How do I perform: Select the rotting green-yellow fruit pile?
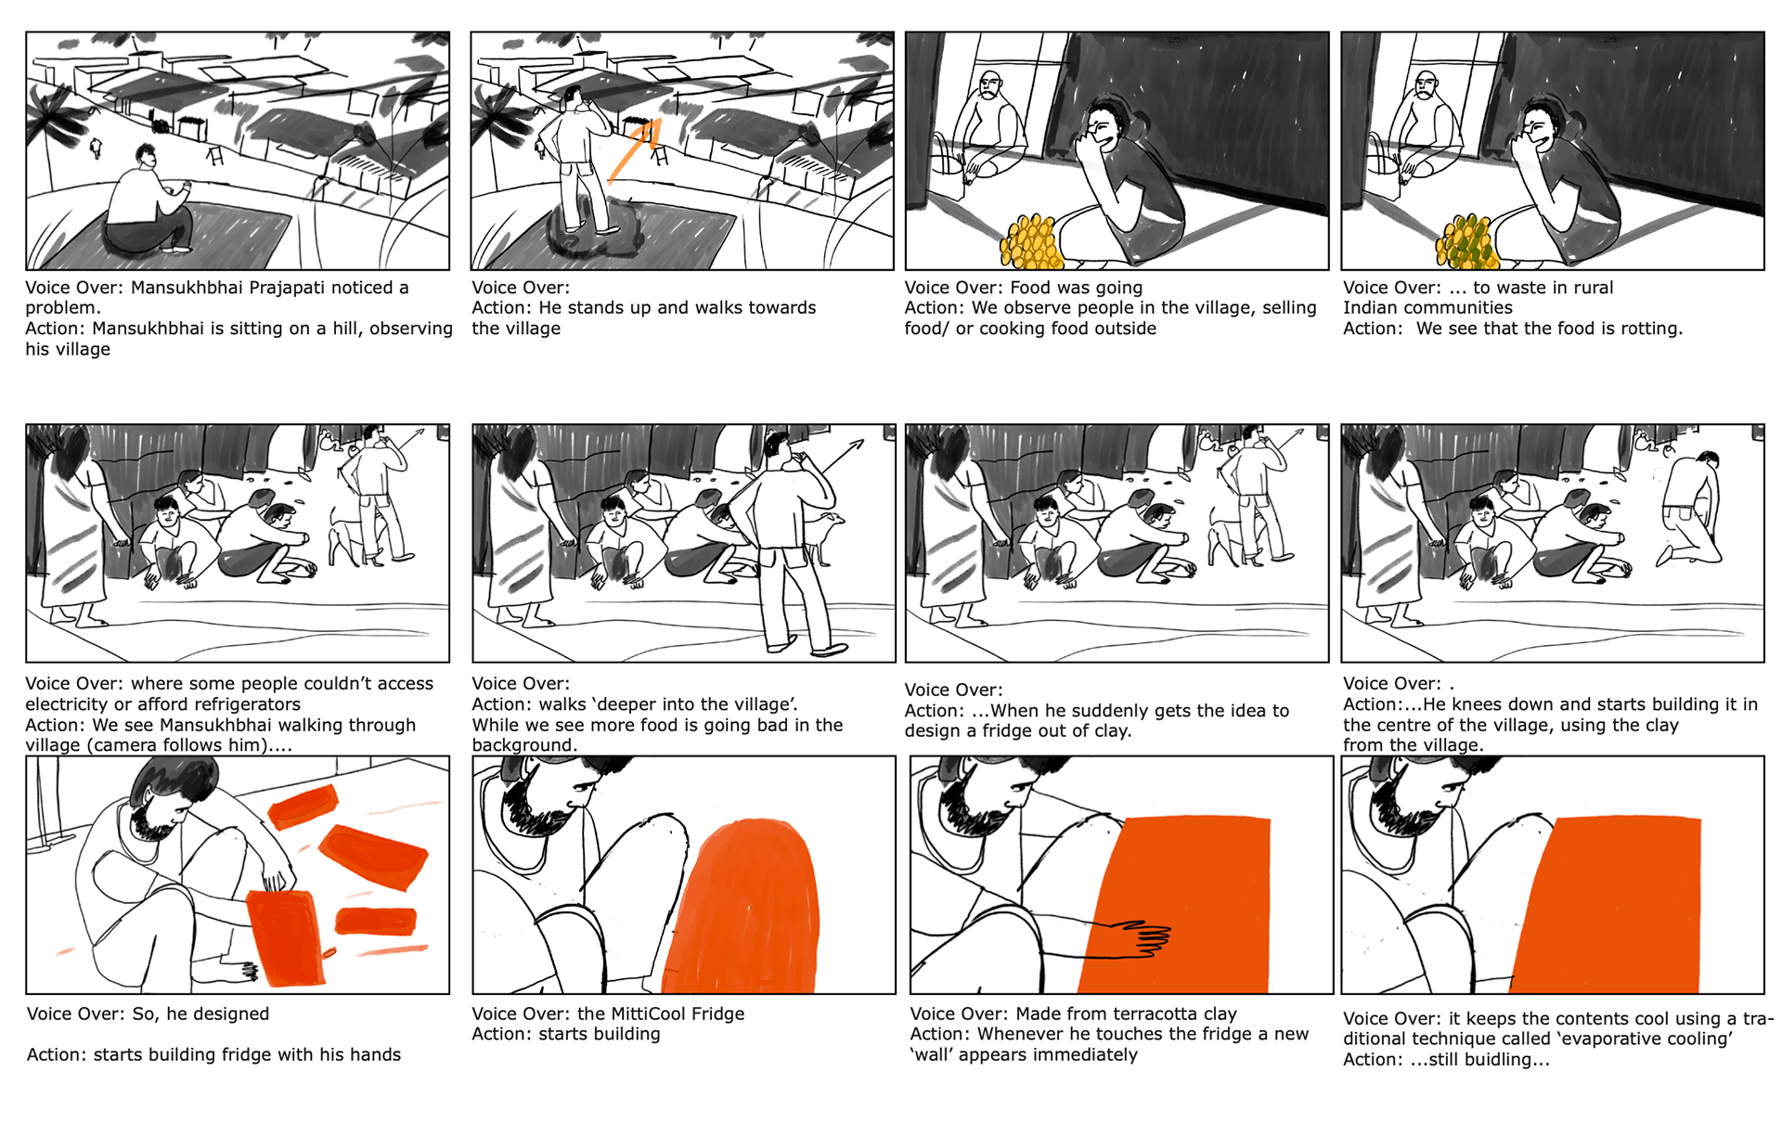click(1466, 241)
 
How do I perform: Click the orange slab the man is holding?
click(287, 937)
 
